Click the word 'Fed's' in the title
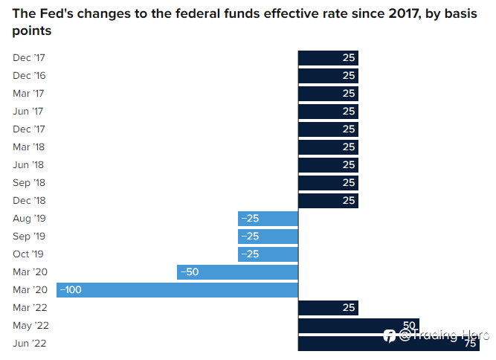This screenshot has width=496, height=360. [57, 13]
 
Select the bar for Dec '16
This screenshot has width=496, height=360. [328, 76]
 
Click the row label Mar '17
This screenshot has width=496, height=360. [28, 94]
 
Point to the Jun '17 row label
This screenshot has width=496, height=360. [28, 112]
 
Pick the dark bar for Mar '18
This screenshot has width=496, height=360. [328, 147]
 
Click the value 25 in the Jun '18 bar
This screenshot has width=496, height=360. [349, 165]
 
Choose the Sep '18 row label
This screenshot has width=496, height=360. [29, 183]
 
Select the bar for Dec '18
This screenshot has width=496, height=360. [328, 201]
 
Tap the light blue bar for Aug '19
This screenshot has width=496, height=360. [268, 219]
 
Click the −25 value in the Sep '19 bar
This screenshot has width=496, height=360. [250, 237]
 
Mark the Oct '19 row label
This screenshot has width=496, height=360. [28, 254]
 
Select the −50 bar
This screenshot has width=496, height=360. [237, 272]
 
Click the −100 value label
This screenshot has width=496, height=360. [71, 290]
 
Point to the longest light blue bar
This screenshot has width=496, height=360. [177, 290]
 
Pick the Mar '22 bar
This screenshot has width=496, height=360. [328, 308]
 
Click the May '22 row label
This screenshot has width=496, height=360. [31, 326]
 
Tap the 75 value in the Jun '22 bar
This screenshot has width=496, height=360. [471, 344]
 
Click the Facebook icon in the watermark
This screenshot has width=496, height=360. [390, 336]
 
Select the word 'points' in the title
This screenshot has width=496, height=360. [32, 31]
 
